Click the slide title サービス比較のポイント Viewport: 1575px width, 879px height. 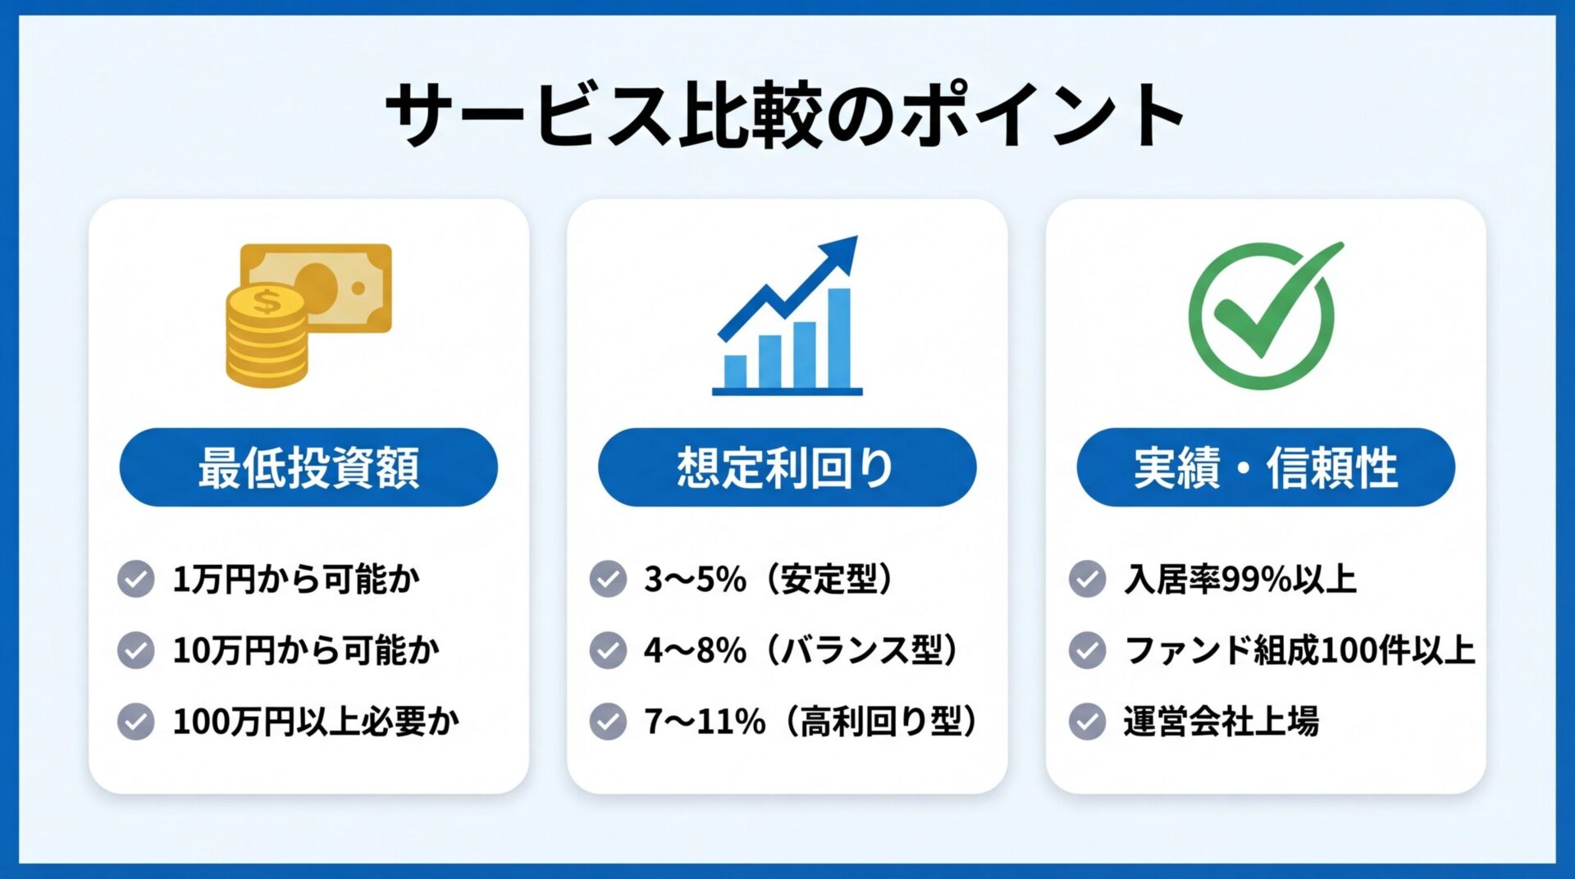click(786, 115)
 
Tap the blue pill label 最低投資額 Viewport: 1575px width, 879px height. click(308, 467)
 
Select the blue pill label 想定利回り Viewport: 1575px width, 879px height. click(787, 467)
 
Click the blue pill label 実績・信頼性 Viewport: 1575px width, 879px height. click(1265, 467)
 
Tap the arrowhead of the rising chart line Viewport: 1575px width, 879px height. click(842, 252)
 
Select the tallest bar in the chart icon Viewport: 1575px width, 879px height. click(838, 338)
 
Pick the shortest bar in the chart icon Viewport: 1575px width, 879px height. click(735, 371)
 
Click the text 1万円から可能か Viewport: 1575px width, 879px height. click(296, 580)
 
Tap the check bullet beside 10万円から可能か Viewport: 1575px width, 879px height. click(136, 650)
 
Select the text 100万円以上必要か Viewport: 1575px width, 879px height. click(316, 722)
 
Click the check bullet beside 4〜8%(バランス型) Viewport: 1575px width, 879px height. click(608, 650)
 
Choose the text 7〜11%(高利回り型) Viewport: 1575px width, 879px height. click(812, 722)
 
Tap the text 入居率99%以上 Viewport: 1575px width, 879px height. click(1240, 580)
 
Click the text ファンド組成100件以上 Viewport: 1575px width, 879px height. click(1299, 650)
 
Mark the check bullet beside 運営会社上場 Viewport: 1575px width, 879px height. click(1087, 722)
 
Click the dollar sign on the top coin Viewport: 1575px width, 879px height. click(267, 302)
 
